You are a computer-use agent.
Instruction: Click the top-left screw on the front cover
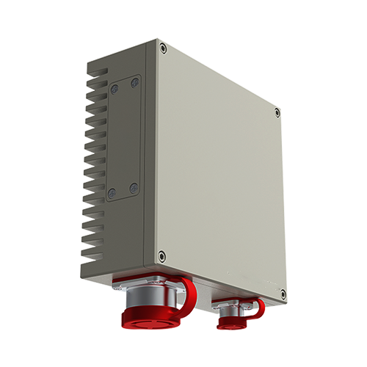(163, 49)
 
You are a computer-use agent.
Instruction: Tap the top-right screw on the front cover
(276, 112)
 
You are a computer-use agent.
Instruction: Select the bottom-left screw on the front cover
(162, 256)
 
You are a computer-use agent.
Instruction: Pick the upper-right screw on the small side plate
(135, 82)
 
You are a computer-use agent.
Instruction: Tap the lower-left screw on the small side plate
(112, 193)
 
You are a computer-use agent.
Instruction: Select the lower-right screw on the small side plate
(133, 189)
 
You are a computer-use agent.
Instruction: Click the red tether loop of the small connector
(258, 308)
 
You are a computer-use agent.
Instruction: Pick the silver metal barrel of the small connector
(230, 311)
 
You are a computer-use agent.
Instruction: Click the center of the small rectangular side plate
(123, 138)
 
